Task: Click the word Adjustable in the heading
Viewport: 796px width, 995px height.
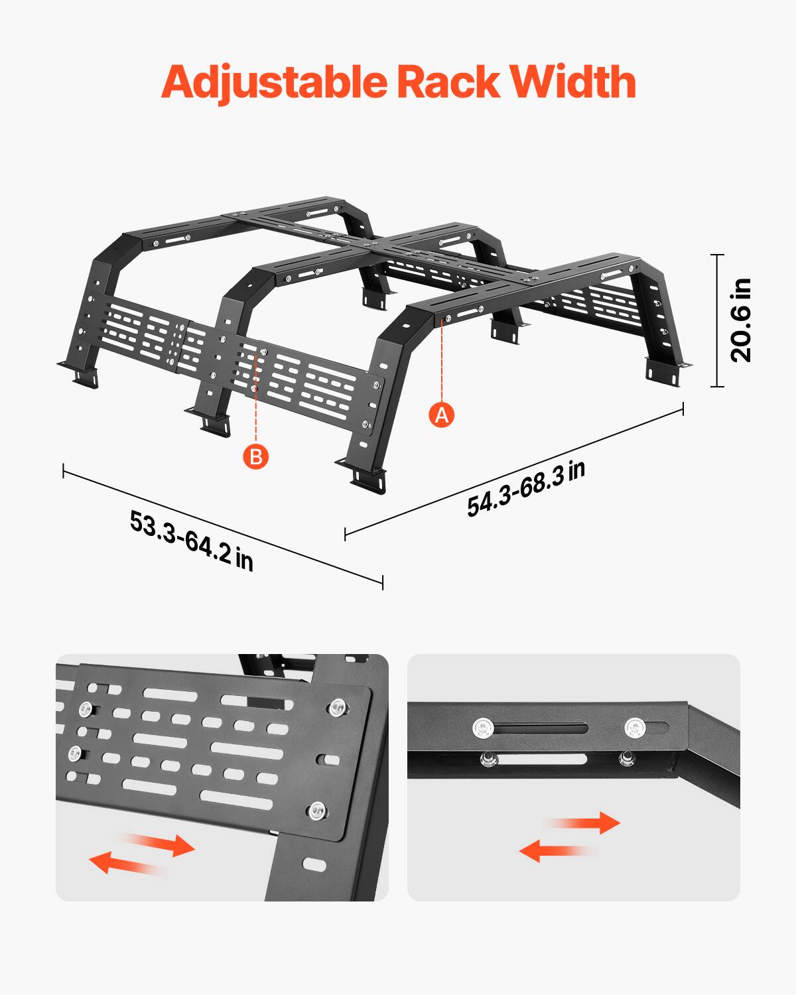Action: pos(274,83)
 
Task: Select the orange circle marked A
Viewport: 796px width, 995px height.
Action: pos(442,415)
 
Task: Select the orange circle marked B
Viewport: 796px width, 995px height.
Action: pos(256,456)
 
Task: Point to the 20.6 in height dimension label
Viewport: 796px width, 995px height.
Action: pos(741,320)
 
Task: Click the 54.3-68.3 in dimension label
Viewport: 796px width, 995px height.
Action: pos(525,489)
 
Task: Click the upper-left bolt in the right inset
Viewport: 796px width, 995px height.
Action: pos(484,728)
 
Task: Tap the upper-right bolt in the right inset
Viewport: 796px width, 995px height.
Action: pos(634,728)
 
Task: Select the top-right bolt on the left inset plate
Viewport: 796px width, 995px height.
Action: pos(337,707)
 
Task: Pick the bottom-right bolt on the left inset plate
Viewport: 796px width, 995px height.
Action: pos(316,811)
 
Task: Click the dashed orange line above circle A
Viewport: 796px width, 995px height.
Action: pos(442,362)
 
